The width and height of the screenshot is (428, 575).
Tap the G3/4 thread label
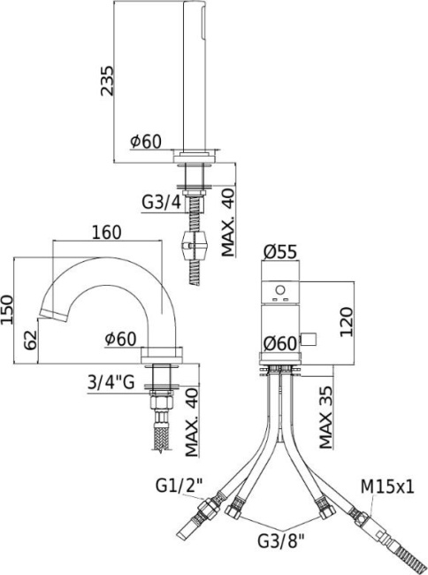pyautogui.click(x=161, y=202)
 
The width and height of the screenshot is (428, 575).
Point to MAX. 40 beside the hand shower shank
pyautogui.click(x=228, y=222)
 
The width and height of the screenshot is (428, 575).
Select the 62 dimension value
pyautogui.click(x=30, y=337)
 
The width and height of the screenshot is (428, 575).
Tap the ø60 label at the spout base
pyautogui.click(x=118, y=337)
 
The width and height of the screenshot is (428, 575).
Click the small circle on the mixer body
pyautogui.click(x=281, y=289)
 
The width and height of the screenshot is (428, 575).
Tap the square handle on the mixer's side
pyautogui.click(x=310, y=335)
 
